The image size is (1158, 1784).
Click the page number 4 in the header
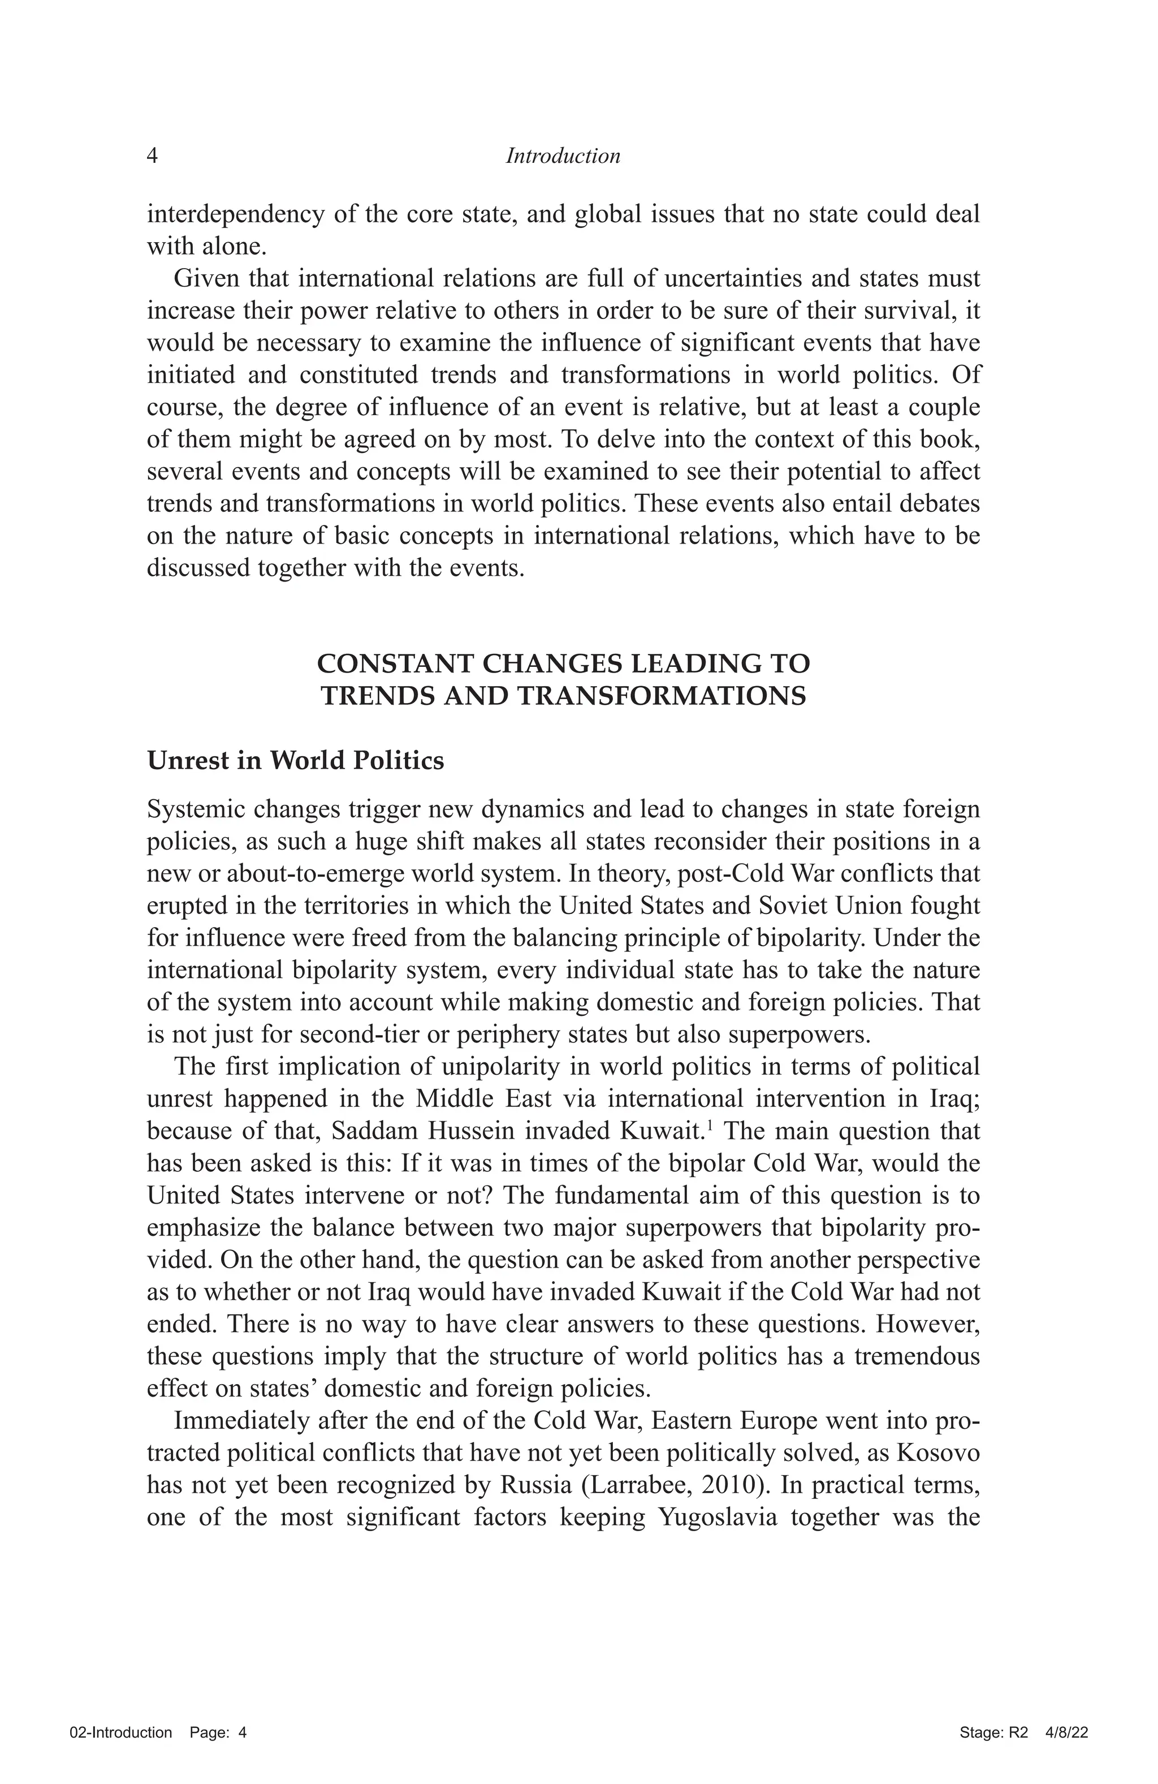[x=152, y=156]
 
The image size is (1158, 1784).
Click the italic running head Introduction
[x=563, y=156]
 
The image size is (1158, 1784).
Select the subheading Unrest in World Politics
[x=295, y=760]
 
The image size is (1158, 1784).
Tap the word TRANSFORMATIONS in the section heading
[x=661, y=696]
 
